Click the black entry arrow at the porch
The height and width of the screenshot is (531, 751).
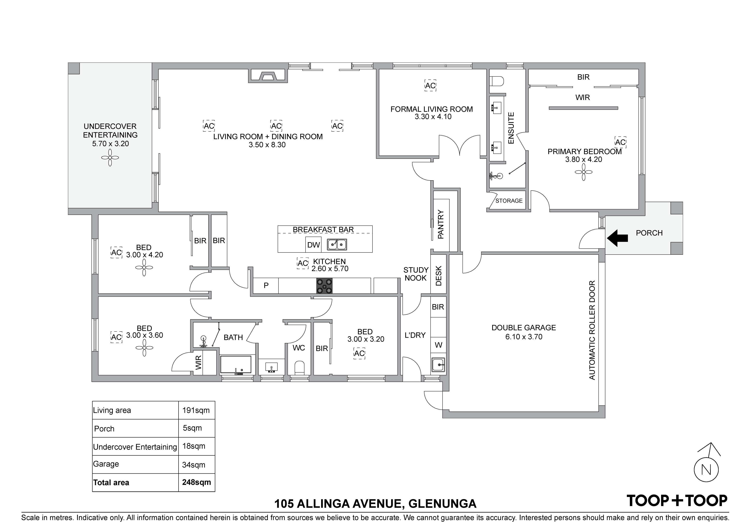click(x=617, y=238)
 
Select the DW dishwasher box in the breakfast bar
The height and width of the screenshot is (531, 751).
click(x=313, y=245)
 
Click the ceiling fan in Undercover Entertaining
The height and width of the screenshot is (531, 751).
click(x=110, y=158)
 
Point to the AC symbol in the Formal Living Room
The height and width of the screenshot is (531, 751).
click(x=431, y=86)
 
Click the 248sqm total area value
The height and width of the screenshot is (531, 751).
click(x=197, y=482)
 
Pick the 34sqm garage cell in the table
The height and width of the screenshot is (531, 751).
click(x=194, y=465)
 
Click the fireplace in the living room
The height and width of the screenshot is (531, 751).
click(x=268, y=76)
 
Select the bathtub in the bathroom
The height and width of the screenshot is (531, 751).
click(x=236, y=364)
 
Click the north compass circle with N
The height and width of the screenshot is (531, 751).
click(x=706, y=470)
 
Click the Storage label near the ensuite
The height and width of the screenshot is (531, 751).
click(x=509, y=201)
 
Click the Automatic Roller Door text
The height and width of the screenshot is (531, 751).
click(x=592, y=330)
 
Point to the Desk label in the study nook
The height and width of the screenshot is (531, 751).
click(x=439, y=276)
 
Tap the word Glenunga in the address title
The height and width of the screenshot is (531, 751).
click(x=443, y=513)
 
